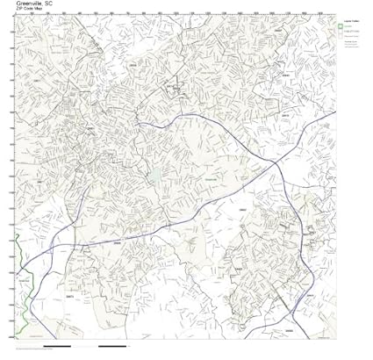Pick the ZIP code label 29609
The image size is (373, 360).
[135, 64]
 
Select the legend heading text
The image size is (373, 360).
[350, 18]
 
